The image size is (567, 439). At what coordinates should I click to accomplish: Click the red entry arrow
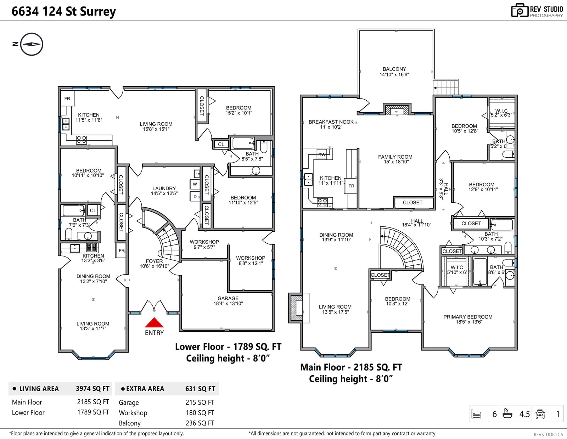click(154, 323)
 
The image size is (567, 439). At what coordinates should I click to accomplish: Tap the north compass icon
click(32, 44)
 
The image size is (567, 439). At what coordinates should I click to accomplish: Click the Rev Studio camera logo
click(520, 10)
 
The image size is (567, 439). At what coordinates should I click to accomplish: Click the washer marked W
click(195, 184)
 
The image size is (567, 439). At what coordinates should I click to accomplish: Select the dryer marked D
click(195, 197)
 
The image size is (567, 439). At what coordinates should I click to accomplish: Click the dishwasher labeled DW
click(322, 154)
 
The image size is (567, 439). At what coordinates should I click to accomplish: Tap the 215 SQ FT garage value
click(200, 403)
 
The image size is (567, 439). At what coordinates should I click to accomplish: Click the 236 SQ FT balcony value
click(200, 423)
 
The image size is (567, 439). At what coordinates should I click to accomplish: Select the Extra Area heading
click(145, 389)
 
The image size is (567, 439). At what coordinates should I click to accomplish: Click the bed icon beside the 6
click(477, 414)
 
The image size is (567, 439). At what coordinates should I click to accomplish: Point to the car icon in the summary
click(540, 414)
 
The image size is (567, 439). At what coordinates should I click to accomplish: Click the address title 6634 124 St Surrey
click(64, 11)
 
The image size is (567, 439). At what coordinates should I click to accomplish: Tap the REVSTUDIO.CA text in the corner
click(548, 434)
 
